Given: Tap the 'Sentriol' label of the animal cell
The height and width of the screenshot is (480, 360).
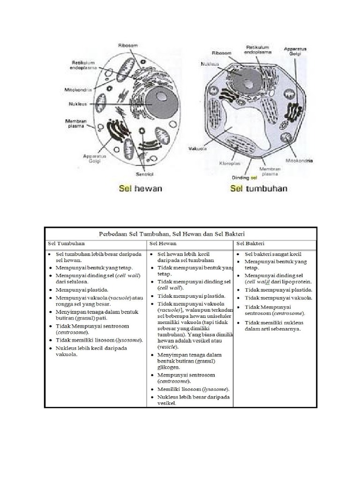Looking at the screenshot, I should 145,174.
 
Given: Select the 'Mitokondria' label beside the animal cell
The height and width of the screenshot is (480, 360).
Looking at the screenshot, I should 78,89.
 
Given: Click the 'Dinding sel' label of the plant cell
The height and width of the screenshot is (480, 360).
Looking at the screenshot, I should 245,178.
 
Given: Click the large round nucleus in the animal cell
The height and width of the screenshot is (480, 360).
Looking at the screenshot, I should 160,100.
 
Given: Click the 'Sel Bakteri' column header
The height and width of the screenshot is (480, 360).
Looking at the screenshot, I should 250,244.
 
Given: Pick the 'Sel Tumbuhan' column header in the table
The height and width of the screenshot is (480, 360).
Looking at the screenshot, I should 66,244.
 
